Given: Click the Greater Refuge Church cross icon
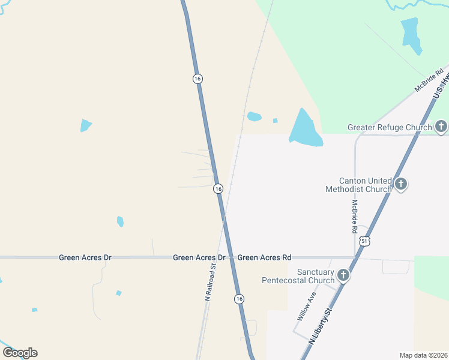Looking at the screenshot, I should [x=441, y=127].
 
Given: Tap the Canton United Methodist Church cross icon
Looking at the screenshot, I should [x=401, y=184].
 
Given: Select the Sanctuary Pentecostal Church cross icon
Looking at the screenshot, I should [x=343, y=275].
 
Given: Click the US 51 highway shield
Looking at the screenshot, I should [x=365, y=241].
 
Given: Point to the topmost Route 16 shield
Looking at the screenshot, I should [x=197, y=79].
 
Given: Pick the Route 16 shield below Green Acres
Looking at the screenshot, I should [x=239, y=299].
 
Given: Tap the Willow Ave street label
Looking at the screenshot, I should [x=306, y=307].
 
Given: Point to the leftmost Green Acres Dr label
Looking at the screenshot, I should [x=85, y=257].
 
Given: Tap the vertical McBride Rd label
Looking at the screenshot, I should [x=355, y=216].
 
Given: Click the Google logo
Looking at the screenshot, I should [x=20, y=353].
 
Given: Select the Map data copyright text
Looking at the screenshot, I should [x=424, y=355].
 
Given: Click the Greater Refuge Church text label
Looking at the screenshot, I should [x=390, y=127].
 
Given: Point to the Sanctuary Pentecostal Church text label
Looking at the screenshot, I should [x=298, y=276].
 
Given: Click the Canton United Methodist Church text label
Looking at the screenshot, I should [x=358, y=185].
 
